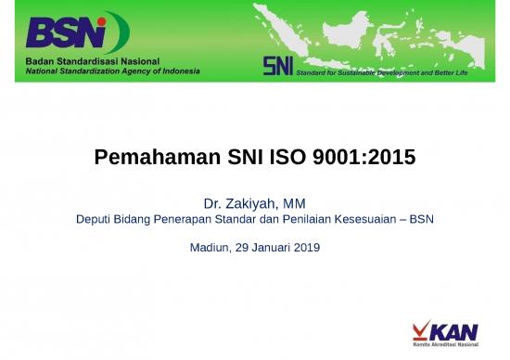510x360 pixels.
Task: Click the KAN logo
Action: coord(447,330)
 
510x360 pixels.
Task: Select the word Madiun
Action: coord(209,248)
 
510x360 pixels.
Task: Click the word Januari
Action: coord(267,248)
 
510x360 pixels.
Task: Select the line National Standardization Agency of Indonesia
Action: coord(112,71)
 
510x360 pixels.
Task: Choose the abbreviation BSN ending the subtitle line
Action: coord(422,221)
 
